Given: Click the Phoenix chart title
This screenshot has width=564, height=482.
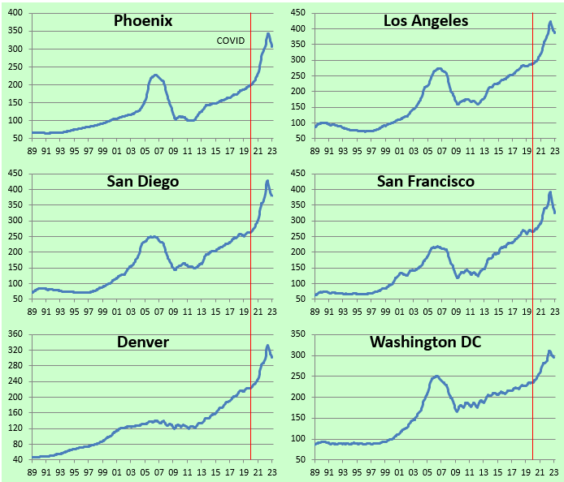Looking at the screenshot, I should tap(143, 20).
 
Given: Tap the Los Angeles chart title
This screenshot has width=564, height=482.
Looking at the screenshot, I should tap(426, 20).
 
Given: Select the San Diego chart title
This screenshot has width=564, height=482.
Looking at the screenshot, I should tap(143, 180).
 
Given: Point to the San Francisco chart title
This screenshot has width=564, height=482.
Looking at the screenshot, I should tap(426, 180).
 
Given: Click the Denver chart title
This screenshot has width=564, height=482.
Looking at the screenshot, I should tap(143, 342).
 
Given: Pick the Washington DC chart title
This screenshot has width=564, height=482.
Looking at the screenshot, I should tap(426, 342).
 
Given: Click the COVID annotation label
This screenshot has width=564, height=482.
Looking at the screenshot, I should tap(230, 41).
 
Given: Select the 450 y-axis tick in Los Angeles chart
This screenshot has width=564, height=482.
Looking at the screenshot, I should tap(302, 14).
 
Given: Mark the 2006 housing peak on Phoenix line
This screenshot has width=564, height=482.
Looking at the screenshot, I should tap(155, 75).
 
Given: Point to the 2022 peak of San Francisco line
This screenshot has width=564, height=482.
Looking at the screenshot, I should tap(550, 192).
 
